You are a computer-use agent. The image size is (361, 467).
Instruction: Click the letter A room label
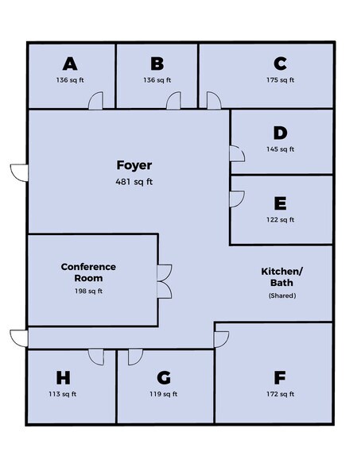click(x=70, y=64)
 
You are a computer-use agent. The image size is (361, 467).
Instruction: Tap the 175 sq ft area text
click(x=280, y=79)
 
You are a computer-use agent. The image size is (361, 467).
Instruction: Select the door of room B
click(x=173, y=101)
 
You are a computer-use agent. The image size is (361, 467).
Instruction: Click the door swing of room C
click(x=214, y=101)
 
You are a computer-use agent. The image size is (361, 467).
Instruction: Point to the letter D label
click(x=280, y=133)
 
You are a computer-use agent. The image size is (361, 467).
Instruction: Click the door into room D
click(x=237, y=154)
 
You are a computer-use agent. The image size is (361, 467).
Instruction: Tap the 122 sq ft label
click(x=280, y=219)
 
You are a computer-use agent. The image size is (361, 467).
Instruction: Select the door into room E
click(x=237, y=199)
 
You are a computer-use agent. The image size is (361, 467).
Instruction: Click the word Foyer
click(x=134, y=165)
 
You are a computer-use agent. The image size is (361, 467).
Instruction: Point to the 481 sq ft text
click(x=134, y=181)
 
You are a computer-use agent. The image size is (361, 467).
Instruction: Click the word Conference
click(x=88, y=267)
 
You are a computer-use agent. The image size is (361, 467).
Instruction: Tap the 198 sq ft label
click(x=88, y=291)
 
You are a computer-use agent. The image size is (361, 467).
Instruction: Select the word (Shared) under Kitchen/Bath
click(x=282, y=295)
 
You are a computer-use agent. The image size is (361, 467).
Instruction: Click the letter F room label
click(x=280, y=378)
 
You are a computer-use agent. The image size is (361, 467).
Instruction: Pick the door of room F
click(x=222, y=339)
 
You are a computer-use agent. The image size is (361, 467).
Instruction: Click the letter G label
click(x=164, y=378)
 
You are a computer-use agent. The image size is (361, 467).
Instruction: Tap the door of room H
click(x=96, y=357)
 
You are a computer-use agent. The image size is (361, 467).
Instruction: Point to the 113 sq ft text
click(x=63, y=394)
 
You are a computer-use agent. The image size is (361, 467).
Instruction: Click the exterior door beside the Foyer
click(x=19, y=173)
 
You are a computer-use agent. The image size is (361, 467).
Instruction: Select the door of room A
click(x=96, y=101)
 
